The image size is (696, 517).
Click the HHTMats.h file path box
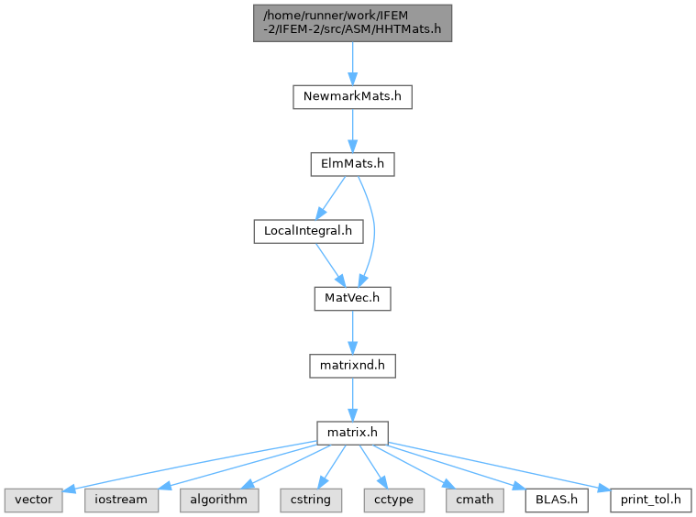click(352, 23)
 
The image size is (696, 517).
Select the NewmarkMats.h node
click(352, 97)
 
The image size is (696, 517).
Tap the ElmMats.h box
click(352, 164)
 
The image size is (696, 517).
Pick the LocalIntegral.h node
click(308, 231)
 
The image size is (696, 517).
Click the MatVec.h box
click(352, 298)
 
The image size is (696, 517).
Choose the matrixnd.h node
click(352, 366)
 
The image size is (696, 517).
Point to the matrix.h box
click(352, 434)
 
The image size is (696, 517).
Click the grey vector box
click(34, 500)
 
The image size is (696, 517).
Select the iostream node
click(121, 500)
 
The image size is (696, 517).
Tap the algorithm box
click(219, 500)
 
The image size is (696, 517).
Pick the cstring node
click(311, 500)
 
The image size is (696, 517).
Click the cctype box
click(393, 500)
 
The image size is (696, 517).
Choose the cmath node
click(475, 500)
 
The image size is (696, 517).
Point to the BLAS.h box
click(557, 500)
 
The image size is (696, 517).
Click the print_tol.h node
click(651, 500)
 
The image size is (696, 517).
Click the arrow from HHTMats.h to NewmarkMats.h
click(352, 63)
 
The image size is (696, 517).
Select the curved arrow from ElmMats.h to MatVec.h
click(374, 231)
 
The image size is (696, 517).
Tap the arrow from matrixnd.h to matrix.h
click(352, 400)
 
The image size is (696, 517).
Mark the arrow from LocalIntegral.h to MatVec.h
click(330, 265)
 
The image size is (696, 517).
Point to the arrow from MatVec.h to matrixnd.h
click(352, 332)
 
